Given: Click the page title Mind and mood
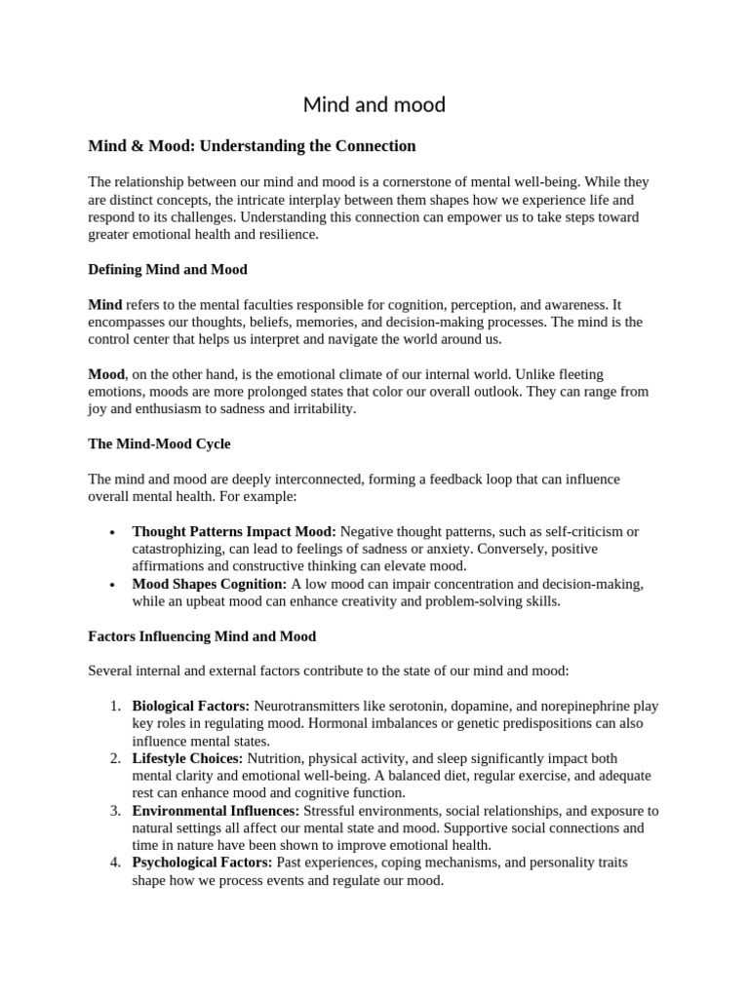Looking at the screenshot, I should tap(374, 104).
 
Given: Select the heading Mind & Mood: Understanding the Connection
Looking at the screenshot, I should tap(252, 146).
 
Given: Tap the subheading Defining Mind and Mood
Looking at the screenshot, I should tap(168, 269).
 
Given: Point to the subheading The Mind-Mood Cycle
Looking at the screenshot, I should tap(159, 443).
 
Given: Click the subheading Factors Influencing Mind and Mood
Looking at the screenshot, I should tap(202, 636).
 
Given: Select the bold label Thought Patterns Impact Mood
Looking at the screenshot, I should tap(234, 531).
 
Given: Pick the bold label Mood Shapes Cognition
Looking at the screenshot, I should tap(210, 584).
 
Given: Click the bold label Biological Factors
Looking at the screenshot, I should tap(191, 706).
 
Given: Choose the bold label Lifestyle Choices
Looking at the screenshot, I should tap(188, 758).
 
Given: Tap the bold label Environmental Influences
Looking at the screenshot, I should tap(216, 811).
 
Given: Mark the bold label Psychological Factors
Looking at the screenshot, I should tap(204, 864).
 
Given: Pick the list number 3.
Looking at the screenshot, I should tap(114, 811).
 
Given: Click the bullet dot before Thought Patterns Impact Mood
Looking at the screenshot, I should tap(114, 532).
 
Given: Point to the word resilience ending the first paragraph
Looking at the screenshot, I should tap(283, 235).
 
